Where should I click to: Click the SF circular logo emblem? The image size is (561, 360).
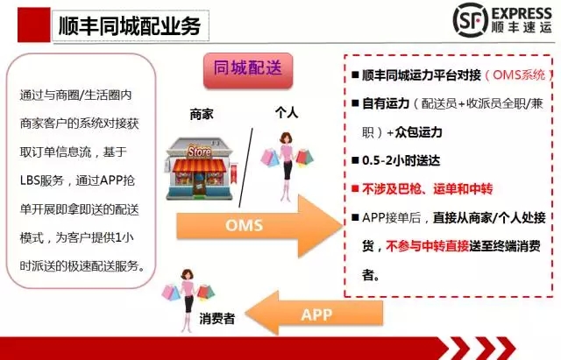coord(470,20)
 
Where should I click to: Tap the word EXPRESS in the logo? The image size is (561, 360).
coord(522,14)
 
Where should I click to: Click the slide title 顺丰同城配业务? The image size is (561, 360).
coord(130,25)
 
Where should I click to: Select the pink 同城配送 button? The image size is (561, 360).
coord(248,70)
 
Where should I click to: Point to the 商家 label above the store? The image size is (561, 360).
coord(202,115)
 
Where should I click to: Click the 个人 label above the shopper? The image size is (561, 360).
coord(287,112)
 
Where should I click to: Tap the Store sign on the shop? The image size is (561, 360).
coord(199,152)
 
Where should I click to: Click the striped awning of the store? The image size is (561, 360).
coord(199,166)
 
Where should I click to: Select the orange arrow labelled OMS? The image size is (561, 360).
coord(259,226)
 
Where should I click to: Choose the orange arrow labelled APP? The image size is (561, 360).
coord(314,314)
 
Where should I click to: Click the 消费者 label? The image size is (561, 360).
coord(217,318)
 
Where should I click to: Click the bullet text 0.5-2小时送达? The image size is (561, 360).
coord(401,160)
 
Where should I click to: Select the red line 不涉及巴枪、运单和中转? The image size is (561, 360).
coord(428,188)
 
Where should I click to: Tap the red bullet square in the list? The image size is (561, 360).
coord(355,188)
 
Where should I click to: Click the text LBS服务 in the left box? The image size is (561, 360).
coord(41,180)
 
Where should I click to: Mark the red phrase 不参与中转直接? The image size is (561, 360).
coord(428,246)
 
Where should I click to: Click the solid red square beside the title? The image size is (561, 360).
coord(34,25)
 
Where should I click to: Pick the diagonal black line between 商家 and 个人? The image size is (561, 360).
coord(245,167)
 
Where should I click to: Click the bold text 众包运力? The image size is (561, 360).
coord(419,132)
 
